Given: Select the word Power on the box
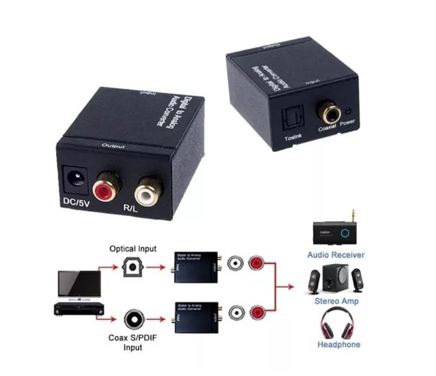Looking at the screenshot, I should tap(347, 123).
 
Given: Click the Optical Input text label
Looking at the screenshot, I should tap(133, 248).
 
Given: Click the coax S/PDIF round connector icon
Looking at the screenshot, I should tap(133, 318).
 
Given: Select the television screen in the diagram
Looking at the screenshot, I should tap(75, 283).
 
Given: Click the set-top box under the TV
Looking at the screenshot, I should tap(78, 308).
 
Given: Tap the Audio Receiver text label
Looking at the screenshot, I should tap(336, 255).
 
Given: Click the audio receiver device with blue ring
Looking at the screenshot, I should tap(336, 231).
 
